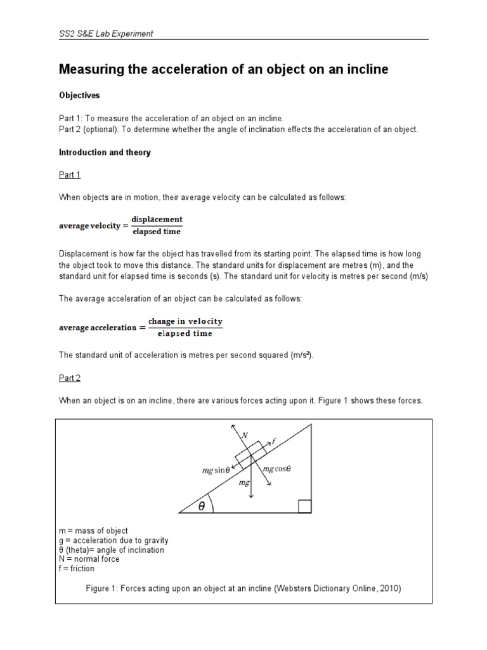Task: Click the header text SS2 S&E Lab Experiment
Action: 105,34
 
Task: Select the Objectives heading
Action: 79,95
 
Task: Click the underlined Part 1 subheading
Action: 69,175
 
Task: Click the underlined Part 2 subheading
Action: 69,378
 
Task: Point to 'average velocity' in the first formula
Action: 89,225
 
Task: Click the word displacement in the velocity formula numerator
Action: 157,219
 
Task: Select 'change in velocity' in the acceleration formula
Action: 185,321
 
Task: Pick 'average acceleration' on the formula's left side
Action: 97,328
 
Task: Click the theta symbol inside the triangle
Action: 201,506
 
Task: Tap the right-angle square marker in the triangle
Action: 304,506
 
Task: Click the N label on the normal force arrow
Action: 244,436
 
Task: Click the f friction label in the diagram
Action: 274,439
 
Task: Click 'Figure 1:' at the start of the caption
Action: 104,588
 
